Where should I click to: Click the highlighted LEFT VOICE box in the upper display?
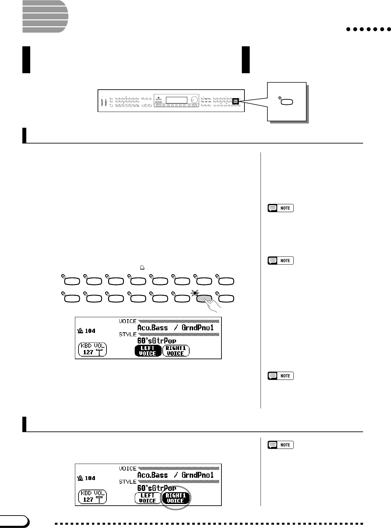(148, 351)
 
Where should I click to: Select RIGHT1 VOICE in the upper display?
(176, 351)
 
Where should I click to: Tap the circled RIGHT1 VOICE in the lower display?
(176, 498)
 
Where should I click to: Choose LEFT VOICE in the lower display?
(148, 498)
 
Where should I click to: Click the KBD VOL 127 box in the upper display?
(93, 349)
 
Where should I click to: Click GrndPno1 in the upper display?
(197, 328)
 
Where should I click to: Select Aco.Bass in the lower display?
(152, 475)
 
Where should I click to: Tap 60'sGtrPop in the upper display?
(157, 341)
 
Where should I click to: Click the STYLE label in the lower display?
(127, 482)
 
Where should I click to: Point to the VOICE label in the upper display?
(127, 321)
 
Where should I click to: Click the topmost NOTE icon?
(281, 208)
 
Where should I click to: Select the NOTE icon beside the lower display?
(281, 445)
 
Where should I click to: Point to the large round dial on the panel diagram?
(195, 99)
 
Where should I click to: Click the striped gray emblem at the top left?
(45, 16)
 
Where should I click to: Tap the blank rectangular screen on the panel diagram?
(176, 100)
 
